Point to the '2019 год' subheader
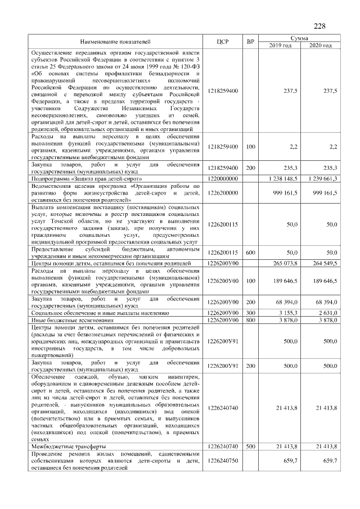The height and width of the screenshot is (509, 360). click(x=280, y=45)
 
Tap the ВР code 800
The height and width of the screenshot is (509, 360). click(x=250, y=319)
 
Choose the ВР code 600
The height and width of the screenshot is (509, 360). click(x=250, y=253)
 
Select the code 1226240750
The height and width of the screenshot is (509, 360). click(x=223, y=460)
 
